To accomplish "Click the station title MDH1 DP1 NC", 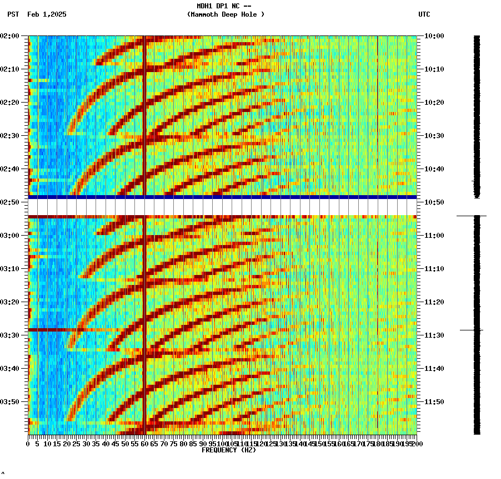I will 221,6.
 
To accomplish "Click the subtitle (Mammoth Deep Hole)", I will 226,14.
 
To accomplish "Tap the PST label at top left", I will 13,14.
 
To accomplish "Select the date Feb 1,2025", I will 47,14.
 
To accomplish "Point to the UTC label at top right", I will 424,14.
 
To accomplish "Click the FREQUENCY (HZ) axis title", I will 229,450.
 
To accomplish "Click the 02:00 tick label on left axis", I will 10,36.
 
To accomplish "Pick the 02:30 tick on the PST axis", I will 10,136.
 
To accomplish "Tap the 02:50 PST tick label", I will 10,202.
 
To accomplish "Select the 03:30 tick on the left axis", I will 10,335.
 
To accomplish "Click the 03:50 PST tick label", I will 10,402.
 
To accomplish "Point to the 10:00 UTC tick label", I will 434,36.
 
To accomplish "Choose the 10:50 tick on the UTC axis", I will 434,202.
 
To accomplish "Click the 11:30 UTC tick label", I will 434,335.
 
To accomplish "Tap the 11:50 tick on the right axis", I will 434,402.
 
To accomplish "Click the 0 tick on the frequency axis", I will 28,444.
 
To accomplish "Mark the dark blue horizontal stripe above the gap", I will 222,197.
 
